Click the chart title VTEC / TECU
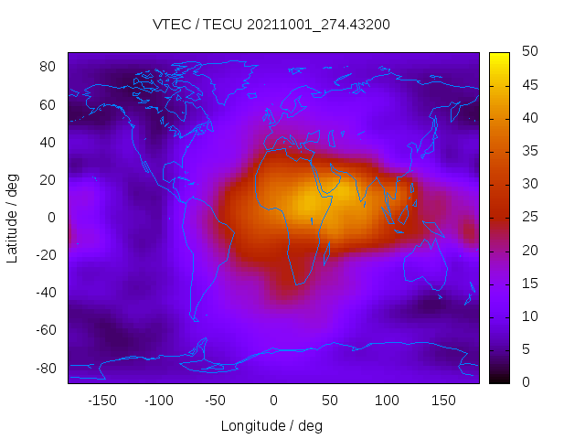tap(271, 25)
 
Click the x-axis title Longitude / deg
tap(271, 425)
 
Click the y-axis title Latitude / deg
tap(13, 218)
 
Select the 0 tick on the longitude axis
tap(272, 400)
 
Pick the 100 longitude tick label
tap(387, 400)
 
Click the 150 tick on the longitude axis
tap(443, 400)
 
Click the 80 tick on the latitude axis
tap(48, 67)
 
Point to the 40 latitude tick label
tap(48, 142)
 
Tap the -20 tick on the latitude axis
tap(45, 255)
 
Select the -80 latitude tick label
tap(45, 368)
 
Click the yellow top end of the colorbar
tap(499, 57)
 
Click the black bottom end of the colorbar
tap(499, 379)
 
